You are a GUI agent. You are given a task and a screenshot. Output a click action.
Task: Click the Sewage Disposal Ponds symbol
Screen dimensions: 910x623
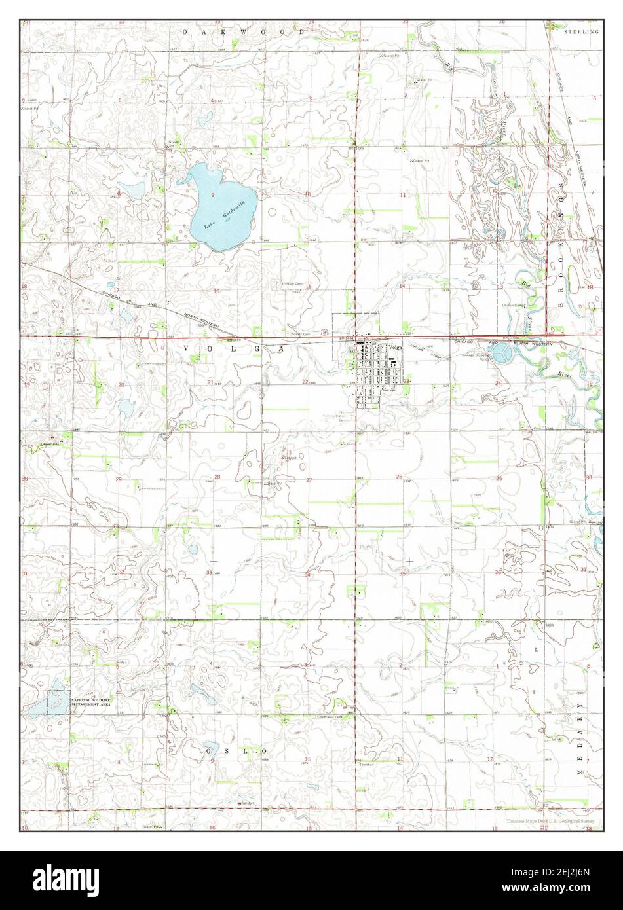pos(502,354)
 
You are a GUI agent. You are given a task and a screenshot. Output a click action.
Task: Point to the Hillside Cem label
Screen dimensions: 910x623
pos(292,283)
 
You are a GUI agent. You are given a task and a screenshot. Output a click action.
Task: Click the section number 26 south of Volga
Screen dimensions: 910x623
pos(398,477)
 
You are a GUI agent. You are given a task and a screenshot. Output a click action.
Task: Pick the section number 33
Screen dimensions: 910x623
pos(209,573)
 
